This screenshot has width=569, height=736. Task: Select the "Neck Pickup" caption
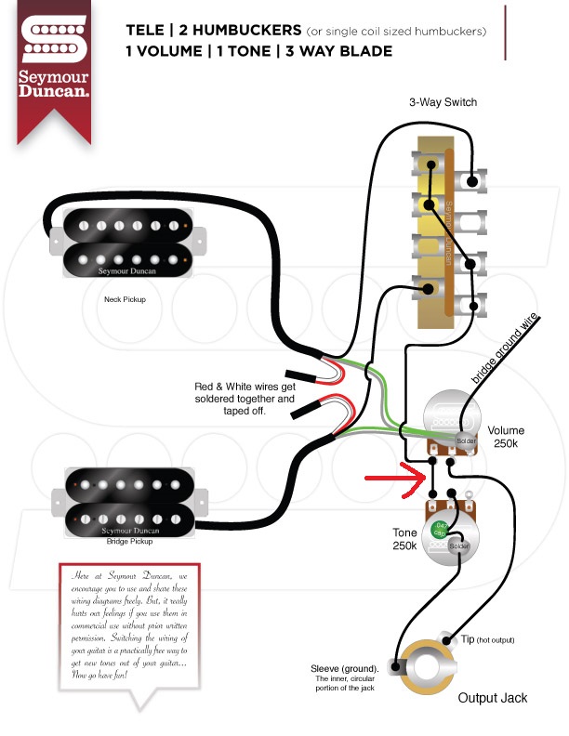[125, 301]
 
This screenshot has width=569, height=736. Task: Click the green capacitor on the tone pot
[440, 530]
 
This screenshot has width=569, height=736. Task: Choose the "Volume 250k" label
[506, 437]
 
